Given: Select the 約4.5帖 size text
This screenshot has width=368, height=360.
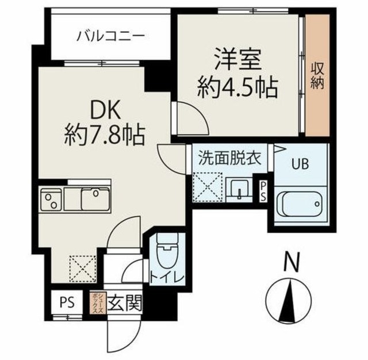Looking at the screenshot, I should [237, 87].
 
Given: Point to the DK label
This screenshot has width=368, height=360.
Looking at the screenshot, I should [103, 109].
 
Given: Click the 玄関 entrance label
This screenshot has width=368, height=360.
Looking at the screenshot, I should [123, 302].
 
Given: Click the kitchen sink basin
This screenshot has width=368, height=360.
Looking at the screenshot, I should [95, 200].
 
